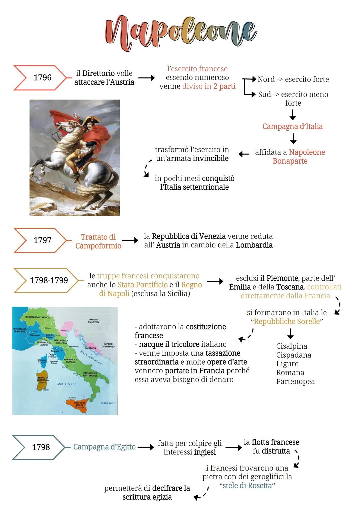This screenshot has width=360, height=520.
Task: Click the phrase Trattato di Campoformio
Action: (x=98, y=241)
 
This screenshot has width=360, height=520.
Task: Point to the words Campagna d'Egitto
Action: (x=104, y=447)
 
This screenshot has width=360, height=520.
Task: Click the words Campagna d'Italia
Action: (x=292, y=127)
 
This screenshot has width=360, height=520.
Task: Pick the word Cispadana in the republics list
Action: (x=293, y=355)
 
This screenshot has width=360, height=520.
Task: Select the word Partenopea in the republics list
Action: (x=295, y=381)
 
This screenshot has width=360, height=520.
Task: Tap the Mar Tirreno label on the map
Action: (x=67, y=384)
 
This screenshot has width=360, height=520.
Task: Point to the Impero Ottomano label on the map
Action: (x=108, y=345)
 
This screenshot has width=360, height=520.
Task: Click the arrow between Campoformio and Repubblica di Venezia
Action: (x=130, y=240)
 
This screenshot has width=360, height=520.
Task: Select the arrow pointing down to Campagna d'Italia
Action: (x=293, y=115)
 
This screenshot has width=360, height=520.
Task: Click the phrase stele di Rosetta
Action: (x=247, y=486)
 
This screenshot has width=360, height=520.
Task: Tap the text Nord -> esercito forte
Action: (x=293, y=79)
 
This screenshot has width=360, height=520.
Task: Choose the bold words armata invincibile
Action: (x=198, y=158)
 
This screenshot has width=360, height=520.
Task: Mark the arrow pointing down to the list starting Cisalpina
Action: (x=290, y=334)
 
